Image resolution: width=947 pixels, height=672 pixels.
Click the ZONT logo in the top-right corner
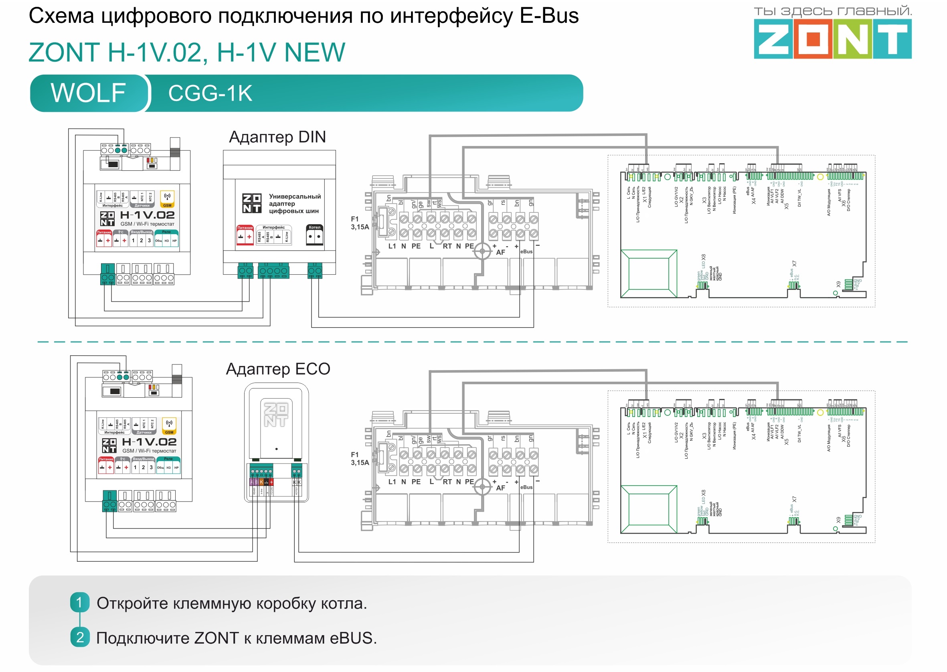click(x=832, y=39)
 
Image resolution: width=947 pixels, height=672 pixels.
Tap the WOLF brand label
click(x=88, y=93)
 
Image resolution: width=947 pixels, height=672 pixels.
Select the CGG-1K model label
click(x=210, y=93)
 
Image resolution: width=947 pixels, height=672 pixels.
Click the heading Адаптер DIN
click(x=277, y=137)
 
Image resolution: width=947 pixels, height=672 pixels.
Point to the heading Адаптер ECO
click(x=277, y=369)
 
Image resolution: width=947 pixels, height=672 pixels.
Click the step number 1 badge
click(x=79, y=603)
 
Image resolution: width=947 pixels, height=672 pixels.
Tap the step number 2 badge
click(x=79, y=637)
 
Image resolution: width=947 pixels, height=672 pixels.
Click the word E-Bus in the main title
click(x=549, y=16)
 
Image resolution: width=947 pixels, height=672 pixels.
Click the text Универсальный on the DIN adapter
click(x=295, y=196)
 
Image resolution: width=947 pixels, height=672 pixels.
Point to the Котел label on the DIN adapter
click(x=314, y=228)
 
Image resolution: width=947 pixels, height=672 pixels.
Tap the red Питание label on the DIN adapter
click(x=245, y=228)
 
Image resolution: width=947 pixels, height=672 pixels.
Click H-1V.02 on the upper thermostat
click(x=147, y=215)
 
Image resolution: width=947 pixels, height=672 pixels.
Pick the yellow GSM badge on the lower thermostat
click(x=169, y=432)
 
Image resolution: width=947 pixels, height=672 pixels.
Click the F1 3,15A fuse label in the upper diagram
click(x=360, y=223)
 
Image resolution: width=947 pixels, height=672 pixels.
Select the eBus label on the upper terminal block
click(x=526, y=251)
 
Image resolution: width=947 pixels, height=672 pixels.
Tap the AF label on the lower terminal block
click(x=501, y=488)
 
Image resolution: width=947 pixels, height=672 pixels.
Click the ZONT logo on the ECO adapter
click(x=276, y=415)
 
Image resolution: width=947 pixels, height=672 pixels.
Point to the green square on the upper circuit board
click(x=648, y=273)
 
